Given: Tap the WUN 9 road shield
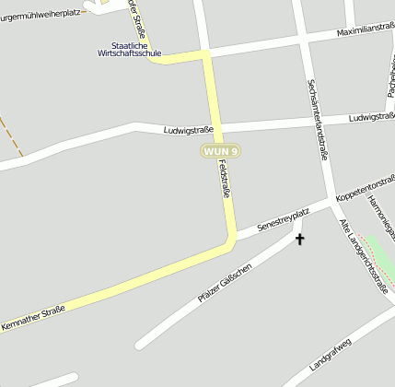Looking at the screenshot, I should click(x=221, y=151).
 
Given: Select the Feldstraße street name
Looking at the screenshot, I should click(x=224, y=180).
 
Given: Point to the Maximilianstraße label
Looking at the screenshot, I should click(x=366, y=30).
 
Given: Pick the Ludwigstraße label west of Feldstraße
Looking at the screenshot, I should click(x=188, y=130).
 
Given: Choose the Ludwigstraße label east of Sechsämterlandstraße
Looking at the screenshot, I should click(x=372, y=117).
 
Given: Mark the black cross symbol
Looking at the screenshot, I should click(x=298, y=240).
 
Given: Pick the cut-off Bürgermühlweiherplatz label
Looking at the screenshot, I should click(x=41, y=15).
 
